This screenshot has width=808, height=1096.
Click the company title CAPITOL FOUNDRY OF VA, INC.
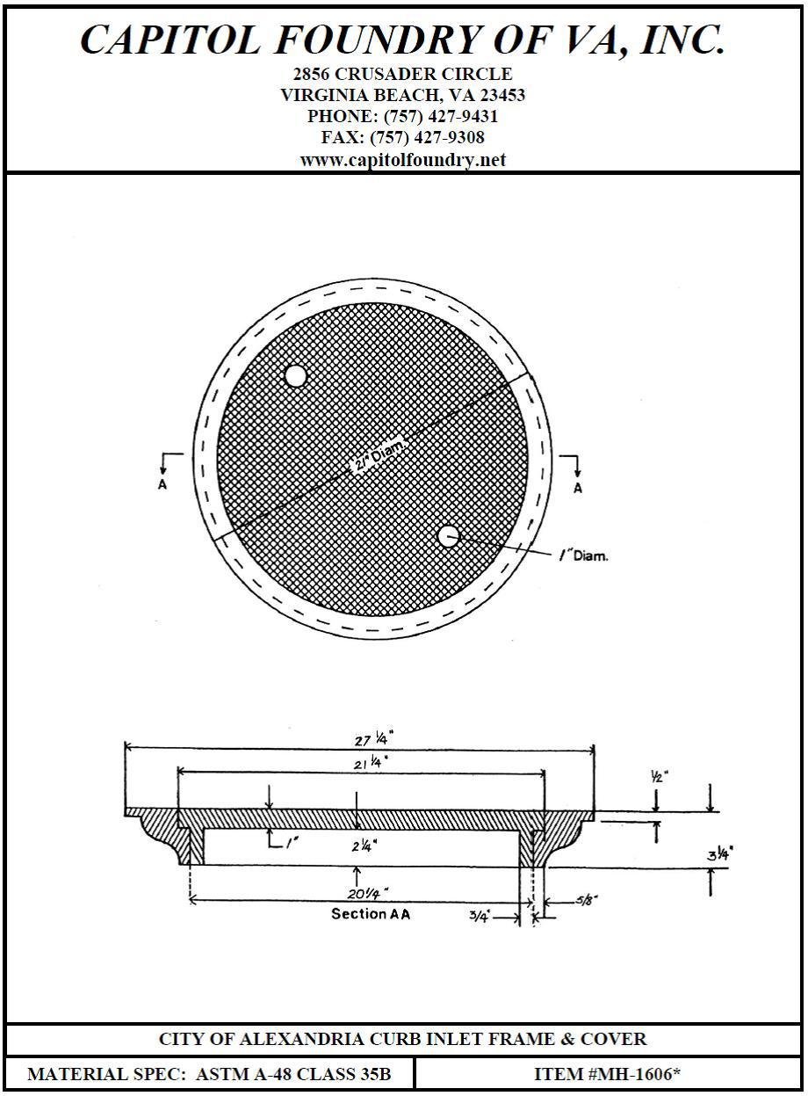[x=402, y=40]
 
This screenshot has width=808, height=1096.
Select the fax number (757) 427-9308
[x=427, y=138]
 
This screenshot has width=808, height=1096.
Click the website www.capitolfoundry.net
[x=402, y=160]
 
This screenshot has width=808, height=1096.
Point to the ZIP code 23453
[x=501, y=95]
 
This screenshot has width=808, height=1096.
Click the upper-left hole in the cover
[x=295, y=376]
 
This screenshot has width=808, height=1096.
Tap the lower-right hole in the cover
[x=449, y=536]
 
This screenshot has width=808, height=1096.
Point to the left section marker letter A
[x=162, y=485]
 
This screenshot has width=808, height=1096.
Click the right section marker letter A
[x=577, y=489]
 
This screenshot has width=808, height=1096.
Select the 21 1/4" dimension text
[x=371, y=764]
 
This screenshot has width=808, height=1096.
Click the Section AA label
[x=371, y=914]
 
